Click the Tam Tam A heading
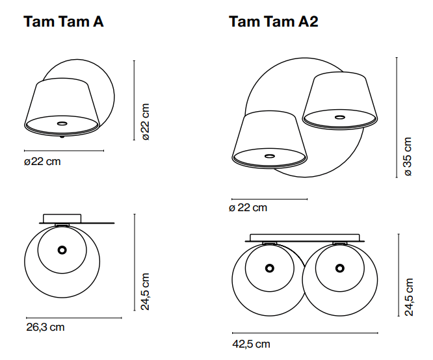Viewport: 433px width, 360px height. point(64,22)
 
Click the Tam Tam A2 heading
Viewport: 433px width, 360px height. point(273,22)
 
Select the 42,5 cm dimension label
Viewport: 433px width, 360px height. point(251,344)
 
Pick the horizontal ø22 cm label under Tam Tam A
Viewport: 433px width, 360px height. point(42,161)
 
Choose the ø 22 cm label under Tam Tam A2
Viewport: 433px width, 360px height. point(248,208)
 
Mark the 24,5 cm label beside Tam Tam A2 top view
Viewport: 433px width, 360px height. point(408,297)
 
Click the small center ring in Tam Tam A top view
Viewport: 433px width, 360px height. point(61,250)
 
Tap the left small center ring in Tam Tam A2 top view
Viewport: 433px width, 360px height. point(269,267)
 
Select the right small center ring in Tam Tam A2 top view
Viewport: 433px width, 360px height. point(339,267)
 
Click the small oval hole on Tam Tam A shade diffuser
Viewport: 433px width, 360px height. point(62,123)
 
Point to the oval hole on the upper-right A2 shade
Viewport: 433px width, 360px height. point(339,118)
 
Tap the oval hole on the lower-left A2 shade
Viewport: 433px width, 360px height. point(269,156)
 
